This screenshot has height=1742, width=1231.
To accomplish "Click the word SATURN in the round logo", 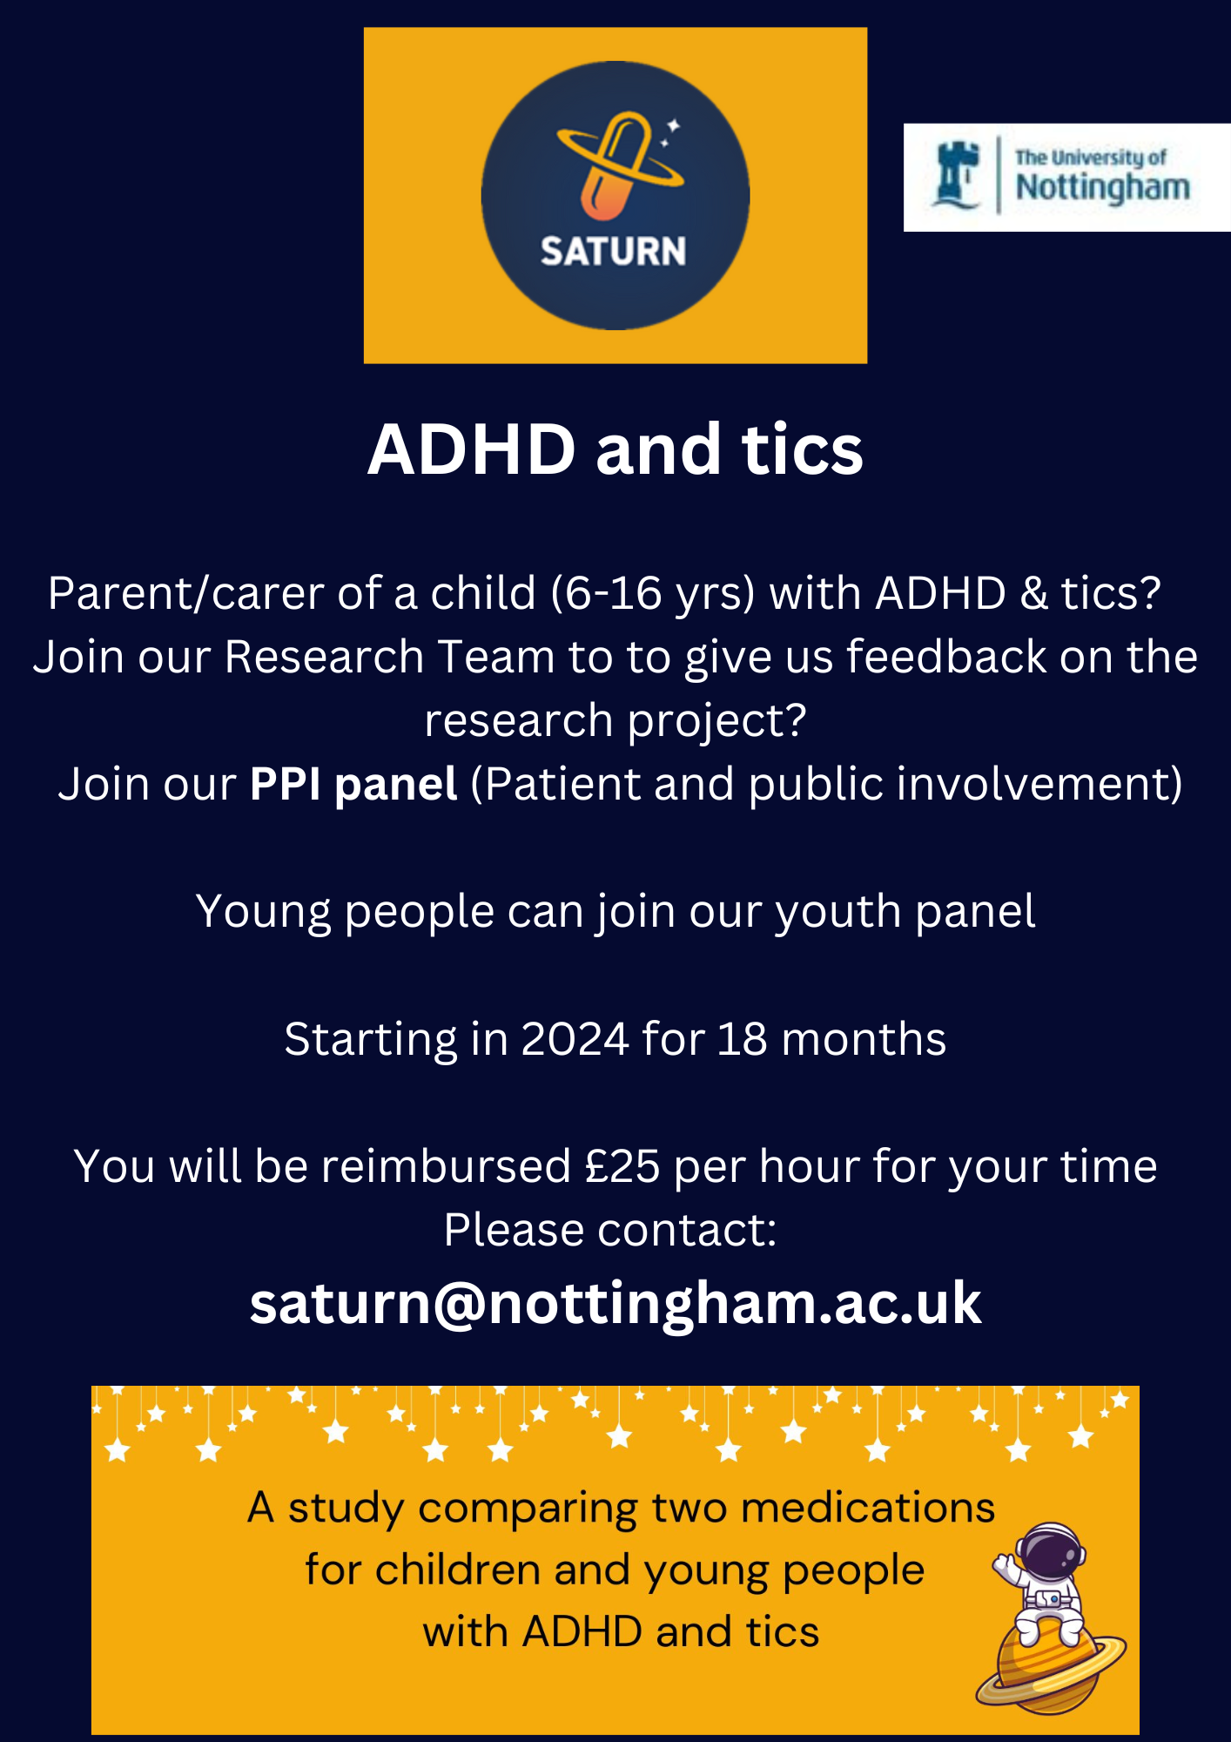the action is [613, 252].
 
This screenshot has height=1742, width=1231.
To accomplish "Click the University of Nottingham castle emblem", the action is [955, 175].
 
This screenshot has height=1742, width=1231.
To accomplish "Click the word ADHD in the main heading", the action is [472, 450].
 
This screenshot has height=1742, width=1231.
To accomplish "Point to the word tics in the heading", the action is [802, 450].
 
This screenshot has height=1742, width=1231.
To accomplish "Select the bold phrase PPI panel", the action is [353, 785].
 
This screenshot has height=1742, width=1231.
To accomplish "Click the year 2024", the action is [575, 1039].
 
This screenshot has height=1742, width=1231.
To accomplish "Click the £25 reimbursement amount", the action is [622, 1166].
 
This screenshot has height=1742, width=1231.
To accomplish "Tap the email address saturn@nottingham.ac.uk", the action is [615, 1304].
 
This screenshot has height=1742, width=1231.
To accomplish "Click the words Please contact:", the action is [610, 1230].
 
